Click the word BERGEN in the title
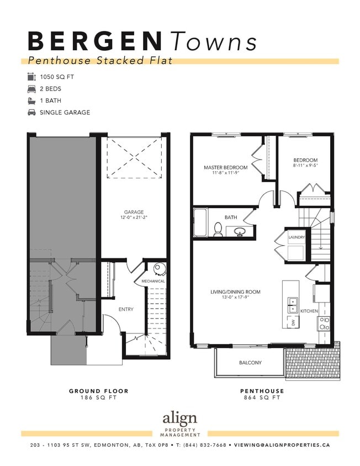click(x=94, y=41)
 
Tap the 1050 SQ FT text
click(x=57, y=77)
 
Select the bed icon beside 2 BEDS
click(x=31, y=88)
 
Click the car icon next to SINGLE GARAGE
click(x=31, y=112)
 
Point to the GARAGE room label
click(x=134, y=211)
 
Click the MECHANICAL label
click(x=153, y=281)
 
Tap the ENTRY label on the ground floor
click(x=126, y=309)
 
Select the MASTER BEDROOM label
click(x=225, y=167)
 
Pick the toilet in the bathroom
click(x=218, y=230)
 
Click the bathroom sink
click(x=240, y=232)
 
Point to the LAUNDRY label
click(x=297, y=237)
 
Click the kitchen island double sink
click(x=291, y=303)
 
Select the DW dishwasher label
click(x=293, y=322)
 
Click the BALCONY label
click(x=250, y=363)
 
